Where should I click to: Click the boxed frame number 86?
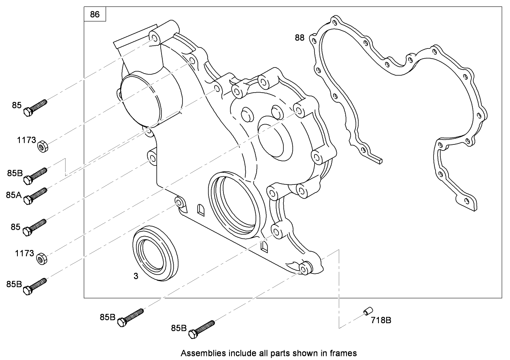pyautogui.click(x=95, y=15)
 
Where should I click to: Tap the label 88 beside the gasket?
pyautogui.click(x=300, y=38)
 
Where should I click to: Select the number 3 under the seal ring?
pyautogui.click(x=136, y=276)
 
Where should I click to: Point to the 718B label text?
pyautogui.click(x=380, y=321)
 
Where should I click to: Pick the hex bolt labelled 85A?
pyautogui.click(x=36, y=195)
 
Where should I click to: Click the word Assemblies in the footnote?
pyautogui.click(x=200, y=353)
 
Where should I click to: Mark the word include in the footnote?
pyautogui.click(x=234, y=353)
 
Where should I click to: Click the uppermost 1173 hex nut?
pyautogui.click(x=42, y=145)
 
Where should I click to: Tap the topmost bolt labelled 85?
pyautogui.click(x=36, y=106)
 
